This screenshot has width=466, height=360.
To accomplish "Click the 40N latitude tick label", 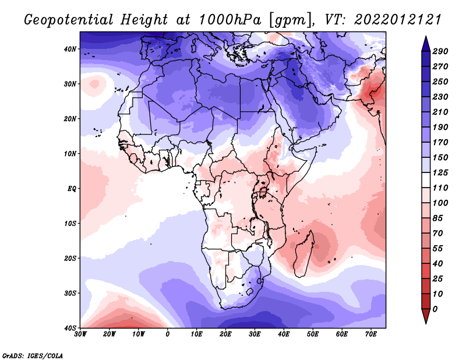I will [x=69, y=49].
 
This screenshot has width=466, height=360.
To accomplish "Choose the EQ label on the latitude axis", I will [x=70, y=189].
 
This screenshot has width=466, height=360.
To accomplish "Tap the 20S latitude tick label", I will [x=69, y=258].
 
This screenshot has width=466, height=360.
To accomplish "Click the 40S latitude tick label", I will [x=69, y=327].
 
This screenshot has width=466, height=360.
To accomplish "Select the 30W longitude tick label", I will [x=80, y=335].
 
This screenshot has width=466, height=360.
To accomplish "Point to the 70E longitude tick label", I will [x=370, y=335].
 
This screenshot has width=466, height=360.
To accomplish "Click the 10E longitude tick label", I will [x=197, y=335].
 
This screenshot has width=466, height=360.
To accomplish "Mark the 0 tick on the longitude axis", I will [x=168, y=335].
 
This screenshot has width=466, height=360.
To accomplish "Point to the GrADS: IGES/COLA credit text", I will [x=32, y=355].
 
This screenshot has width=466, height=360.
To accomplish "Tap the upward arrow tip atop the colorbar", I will [x=426, y=40].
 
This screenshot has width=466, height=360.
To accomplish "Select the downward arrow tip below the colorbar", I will [x=426, y=320].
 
